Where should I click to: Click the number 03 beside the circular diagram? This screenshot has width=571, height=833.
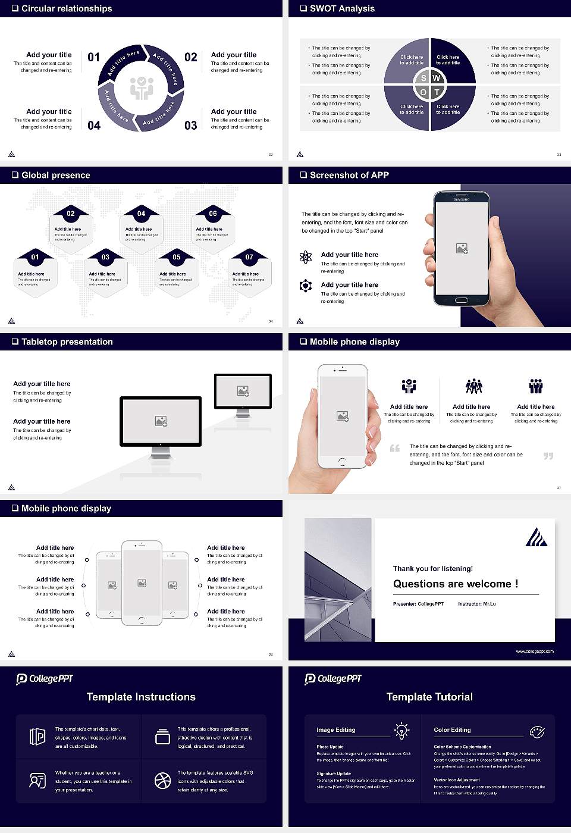point(190,125)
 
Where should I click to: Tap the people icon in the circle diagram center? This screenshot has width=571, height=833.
point(142,87)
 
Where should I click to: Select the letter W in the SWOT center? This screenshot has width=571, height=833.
point(436,78)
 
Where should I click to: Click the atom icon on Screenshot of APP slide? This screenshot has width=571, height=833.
point(306,257)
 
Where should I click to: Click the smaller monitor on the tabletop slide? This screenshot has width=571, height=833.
point(243,392)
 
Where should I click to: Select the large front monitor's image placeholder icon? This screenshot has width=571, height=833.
point(161,421)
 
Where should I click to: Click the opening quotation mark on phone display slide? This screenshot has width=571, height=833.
point(395,448)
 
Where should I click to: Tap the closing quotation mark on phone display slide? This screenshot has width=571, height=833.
point(548,456)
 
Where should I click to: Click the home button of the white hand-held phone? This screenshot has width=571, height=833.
point(342,462)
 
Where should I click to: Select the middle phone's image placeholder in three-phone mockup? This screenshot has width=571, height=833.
point(142,583)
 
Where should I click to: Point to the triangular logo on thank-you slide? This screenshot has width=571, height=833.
point(536,537)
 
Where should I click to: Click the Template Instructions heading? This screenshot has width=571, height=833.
point(141,697)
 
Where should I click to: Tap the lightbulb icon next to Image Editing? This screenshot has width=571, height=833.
point(401,730)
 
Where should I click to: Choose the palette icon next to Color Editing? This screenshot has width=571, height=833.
point(537,731)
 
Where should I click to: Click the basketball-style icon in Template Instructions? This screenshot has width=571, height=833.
point(162,781)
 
